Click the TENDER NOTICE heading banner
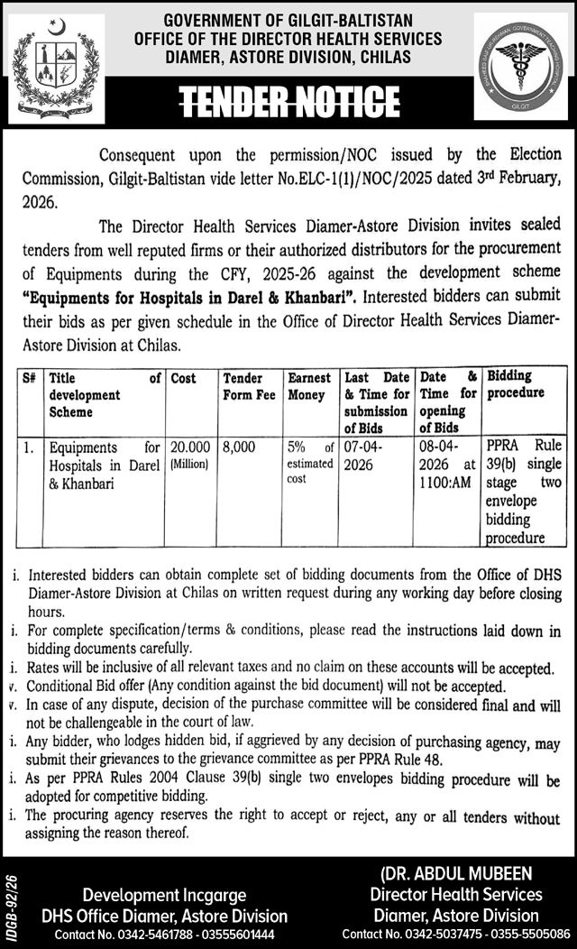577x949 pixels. (288, 97)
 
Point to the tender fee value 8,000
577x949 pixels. (240, 447)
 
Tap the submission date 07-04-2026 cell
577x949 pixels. (363, 455)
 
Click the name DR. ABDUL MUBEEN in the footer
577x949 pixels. (455, 873)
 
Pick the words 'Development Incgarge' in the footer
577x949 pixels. (165, 896)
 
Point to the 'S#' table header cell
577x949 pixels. (29, 376)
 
